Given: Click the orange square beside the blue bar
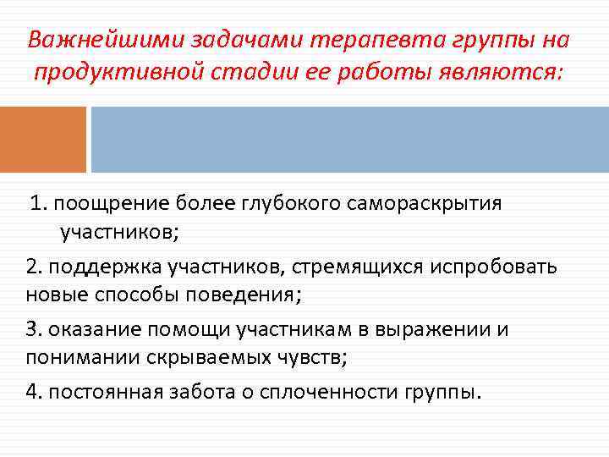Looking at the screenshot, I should coord(43,140).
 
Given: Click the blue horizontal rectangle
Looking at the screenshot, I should coord(349,140).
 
